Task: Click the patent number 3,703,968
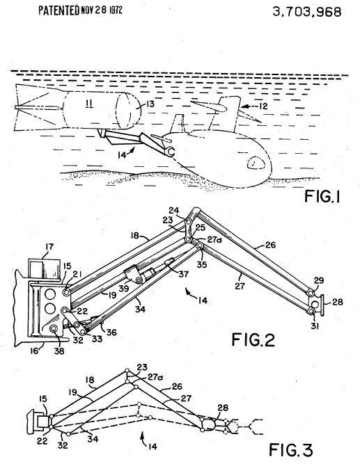pos(306,12)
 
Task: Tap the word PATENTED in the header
pos(58,10)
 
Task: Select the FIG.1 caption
pos(322,196)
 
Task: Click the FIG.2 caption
pos(253,339)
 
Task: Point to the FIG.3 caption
pos(290,450)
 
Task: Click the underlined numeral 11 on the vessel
pos(89,103)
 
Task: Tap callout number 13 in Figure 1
pos(150,104)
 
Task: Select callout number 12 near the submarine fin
pos(263,106)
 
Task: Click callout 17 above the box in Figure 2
pos(49,246)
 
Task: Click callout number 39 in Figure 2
pos(123,287)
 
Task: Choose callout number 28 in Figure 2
pos(337,302)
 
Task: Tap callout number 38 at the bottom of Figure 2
pos(59,351)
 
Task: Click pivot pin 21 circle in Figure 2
pos(66,292)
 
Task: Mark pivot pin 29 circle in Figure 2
pos(311,293)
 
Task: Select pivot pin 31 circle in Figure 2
pos(311,312)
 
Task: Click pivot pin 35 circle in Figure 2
pos(200,246)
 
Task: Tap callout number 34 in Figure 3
pos(93,439)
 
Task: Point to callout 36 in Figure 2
pos(111,332)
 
